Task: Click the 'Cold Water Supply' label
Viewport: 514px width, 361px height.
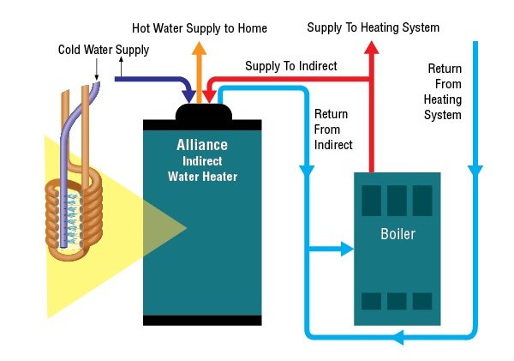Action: pyautogui.click(x=104, y=50)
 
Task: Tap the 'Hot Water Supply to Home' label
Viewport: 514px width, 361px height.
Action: pyautogui.click(x=200, y=28)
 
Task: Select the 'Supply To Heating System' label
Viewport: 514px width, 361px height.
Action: pyautogui.click(x=374, y=27)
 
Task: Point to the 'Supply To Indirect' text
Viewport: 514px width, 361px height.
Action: pyautogui.click(x=291, y=65)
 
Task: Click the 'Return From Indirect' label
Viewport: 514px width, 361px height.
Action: pyautogui.click(x=333, y=129)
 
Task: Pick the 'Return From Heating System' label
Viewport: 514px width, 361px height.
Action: pyautogui.click(x=444, y=92)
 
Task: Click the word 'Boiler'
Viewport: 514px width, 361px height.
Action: pyautogui.click(x=397, y=234)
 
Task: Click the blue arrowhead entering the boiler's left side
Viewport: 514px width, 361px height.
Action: pyautogui.click(x=347, y=249)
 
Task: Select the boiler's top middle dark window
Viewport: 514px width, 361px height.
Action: pyautogui.click(x=397, y=201)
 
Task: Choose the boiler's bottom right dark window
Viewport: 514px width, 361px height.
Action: pyautogui.click(x=422, y=301)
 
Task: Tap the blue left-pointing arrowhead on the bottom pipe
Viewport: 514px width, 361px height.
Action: pyautogui.click(x=396, y=340)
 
